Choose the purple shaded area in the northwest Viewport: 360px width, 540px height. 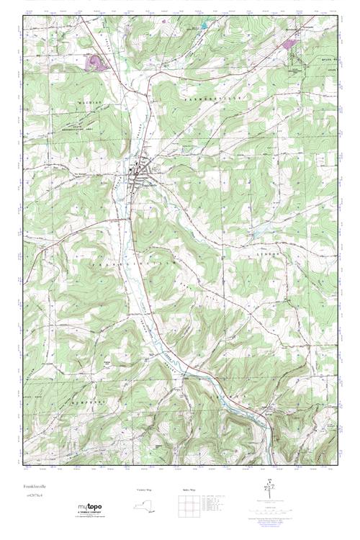(95, 62)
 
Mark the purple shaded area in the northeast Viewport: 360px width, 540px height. (290, 45)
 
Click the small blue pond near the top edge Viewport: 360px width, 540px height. (204, 27)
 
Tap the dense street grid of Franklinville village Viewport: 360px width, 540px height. (139, 174)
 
